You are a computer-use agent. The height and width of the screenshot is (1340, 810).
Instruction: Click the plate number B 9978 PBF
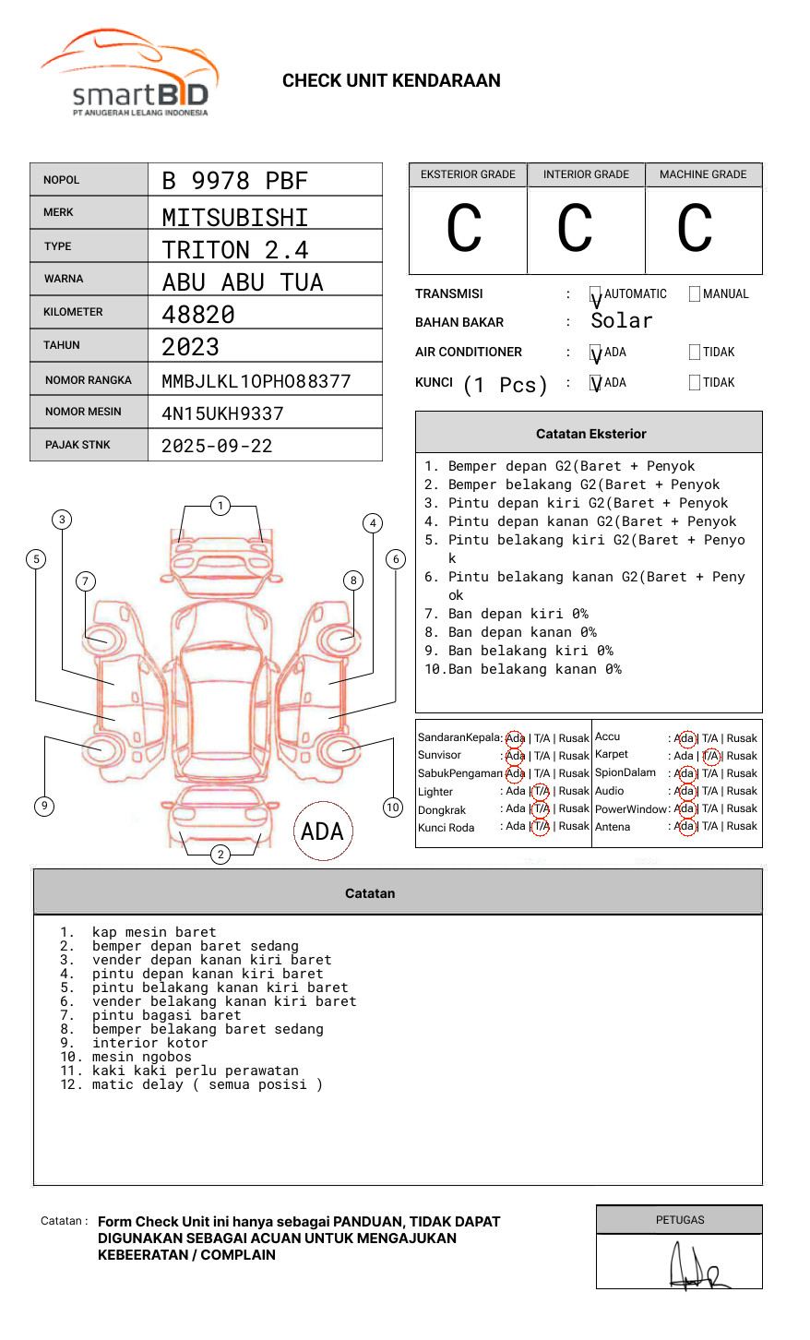pyautogui.click(x=234, y=181)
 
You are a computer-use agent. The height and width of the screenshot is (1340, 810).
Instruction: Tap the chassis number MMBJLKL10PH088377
pyautogui.click(x=256, y=381)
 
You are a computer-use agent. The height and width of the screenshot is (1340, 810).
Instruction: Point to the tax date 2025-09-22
pyautogui.click(x=217, y=446)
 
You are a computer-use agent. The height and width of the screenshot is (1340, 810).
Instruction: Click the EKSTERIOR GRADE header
pyautogui.click(x=468, y=174)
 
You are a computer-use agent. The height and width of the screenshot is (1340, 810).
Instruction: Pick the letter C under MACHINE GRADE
pyautogui.click(x=695, y=229)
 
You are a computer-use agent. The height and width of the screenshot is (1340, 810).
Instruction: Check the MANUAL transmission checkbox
pyautogui.click(x=695, y=294)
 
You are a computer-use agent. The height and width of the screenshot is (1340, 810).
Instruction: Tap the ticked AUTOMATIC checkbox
pyautogui.click(x=596, y=295)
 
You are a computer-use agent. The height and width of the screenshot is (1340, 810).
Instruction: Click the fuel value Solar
pyautogui.click(x=621, y=321)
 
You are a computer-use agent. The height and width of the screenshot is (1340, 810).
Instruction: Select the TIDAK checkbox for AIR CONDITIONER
pyautogui.click(x=695, y=353)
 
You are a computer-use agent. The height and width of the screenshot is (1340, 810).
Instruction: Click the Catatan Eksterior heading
pyautogui.click(x=590, y=434)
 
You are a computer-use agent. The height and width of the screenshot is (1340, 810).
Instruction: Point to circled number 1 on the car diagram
pyautogui.click(x=220, y=506)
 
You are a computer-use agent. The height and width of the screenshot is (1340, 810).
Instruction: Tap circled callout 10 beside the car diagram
pyautogui.click(x=393, y=808)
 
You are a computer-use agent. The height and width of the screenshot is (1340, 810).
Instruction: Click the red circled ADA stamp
pyautogui.click(x=322, y=831)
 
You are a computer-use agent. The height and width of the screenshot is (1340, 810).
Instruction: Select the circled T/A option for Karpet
pyautogui.click(x=710, y=756)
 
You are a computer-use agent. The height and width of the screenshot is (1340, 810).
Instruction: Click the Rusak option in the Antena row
pyautogui.click(x=742, y=826)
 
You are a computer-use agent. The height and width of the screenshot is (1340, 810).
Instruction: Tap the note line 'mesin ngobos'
pyautogui.click(x=142, y=1057)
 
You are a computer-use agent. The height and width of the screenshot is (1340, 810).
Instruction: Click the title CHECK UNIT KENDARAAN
pyautogui.click(x=391, y=81)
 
